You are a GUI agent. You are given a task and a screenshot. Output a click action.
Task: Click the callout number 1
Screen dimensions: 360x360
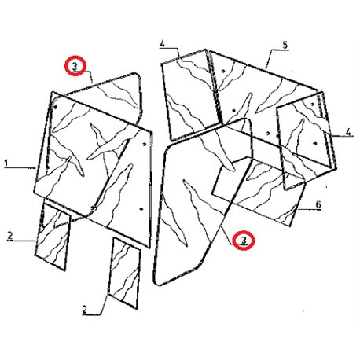coord(6,163)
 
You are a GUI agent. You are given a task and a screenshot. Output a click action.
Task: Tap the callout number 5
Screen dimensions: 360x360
coord(285,45)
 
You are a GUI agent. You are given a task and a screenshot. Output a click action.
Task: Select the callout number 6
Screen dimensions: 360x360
coord(318,204)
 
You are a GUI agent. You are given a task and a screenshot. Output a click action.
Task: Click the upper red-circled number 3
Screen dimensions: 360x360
coord(75,66)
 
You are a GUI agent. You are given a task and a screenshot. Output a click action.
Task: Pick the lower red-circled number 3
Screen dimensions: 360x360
coord(244,240)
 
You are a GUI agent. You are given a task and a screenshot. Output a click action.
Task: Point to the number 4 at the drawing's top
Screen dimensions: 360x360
coord(163,44)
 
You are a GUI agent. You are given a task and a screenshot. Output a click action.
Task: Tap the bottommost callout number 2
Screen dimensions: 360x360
coord(84,310)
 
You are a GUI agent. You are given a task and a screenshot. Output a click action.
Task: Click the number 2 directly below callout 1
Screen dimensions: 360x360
coord(10,236)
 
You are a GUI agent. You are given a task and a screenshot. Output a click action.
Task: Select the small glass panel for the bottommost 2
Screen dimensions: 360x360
coord(124,274)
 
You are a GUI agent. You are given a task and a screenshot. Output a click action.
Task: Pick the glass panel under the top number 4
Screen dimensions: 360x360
coord(191,95)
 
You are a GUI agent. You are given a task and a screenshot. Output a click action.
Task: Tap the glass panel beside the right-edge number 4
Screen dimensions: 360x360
coord(306,140)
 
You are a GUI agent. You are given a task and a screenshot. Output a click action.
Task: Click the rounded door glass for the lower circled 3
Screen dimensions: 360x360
coord(203,202)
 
